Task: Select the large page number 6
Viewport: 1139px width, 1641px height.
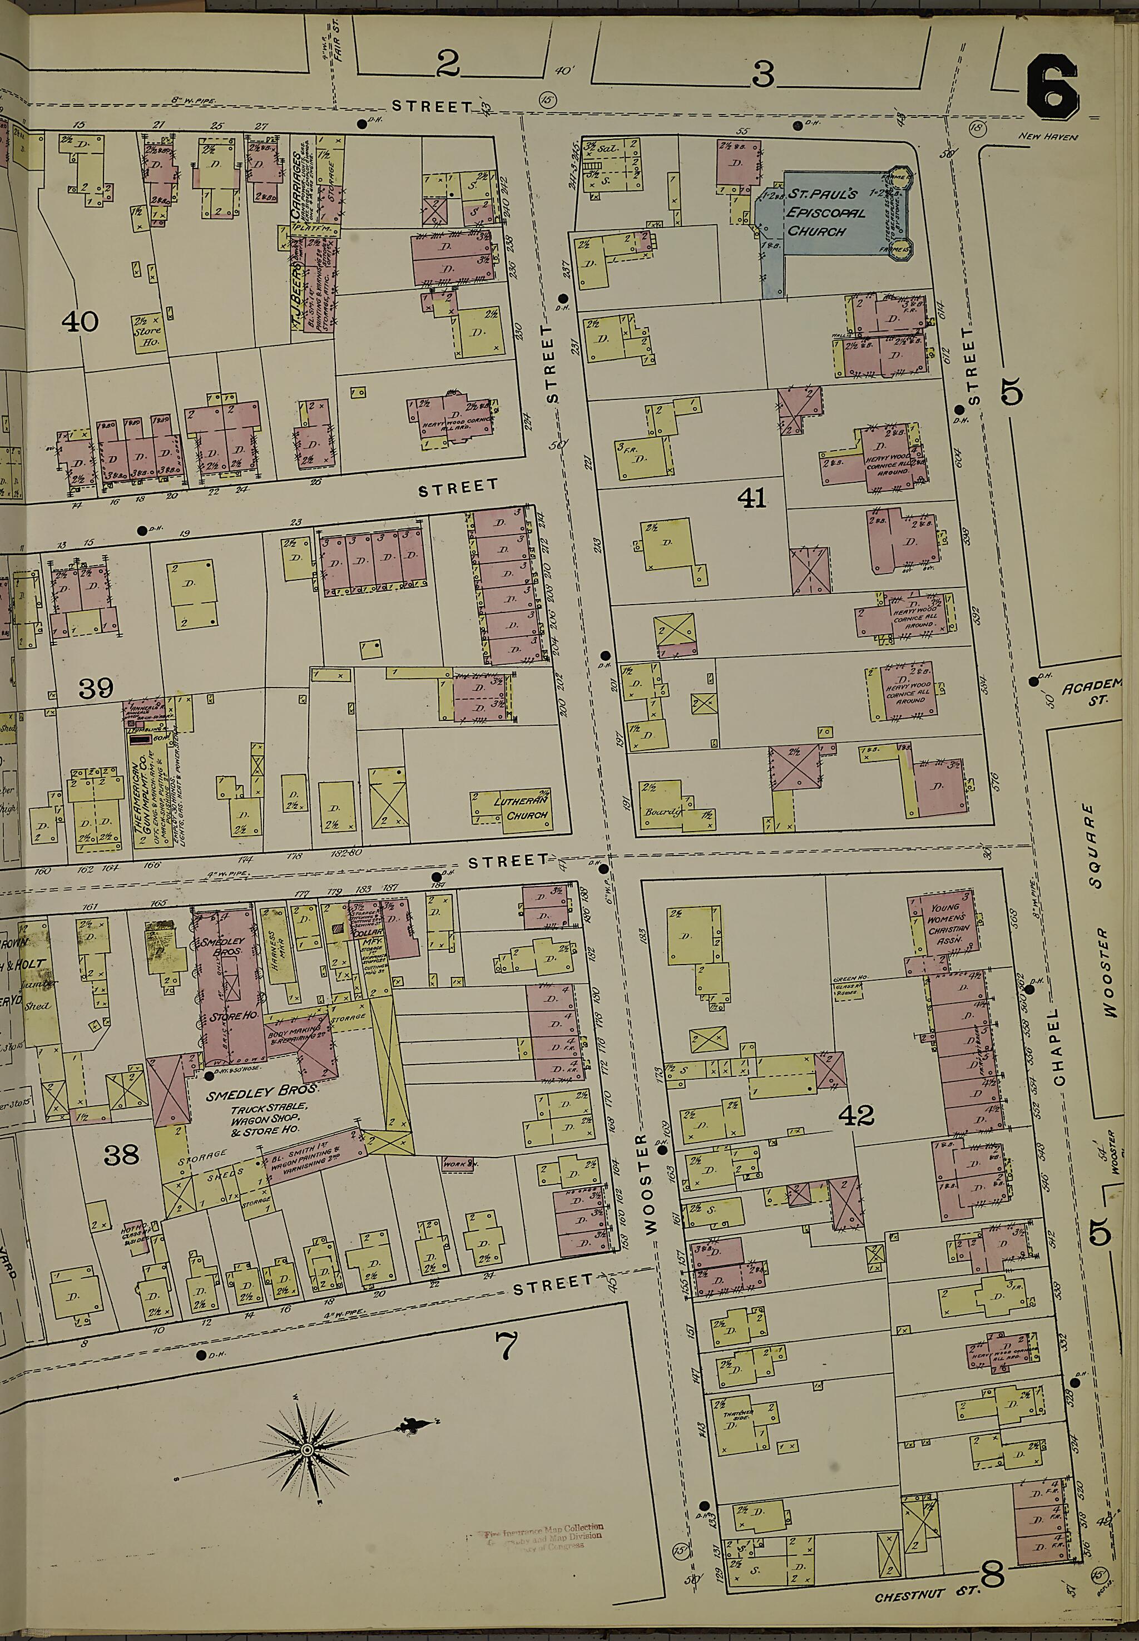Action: coord(1051,87)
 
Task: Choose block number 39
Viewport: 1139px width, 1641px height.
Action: coord(96,688)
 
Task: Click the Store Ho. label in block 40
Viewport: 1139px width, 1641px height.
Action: coord(148,335)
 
